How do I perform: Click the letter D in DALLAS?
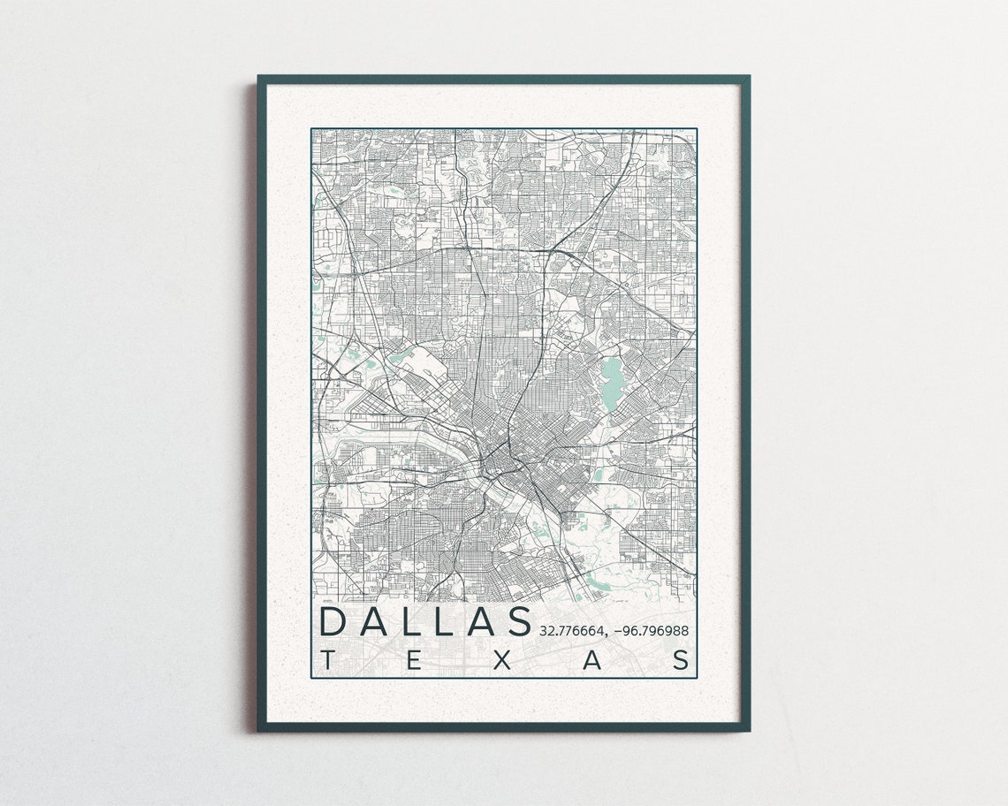click(334, 620)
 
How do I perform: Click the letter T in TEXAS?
click(328, 660)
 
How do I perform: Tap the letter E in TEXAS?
click(414, 660)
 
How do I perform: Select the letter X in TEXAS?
click(501, 660)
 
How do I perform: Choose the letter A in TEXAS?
click(592, 660)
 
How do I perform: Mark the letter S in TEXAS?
click(682, 660)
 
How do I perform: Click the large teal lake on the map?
click(612, 380)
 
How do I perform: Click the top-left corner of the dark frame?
click(259, 77)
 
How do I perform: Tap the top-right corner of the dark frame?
click(748, 77)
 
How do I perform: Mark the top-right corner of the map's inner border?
click(697, 129)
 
